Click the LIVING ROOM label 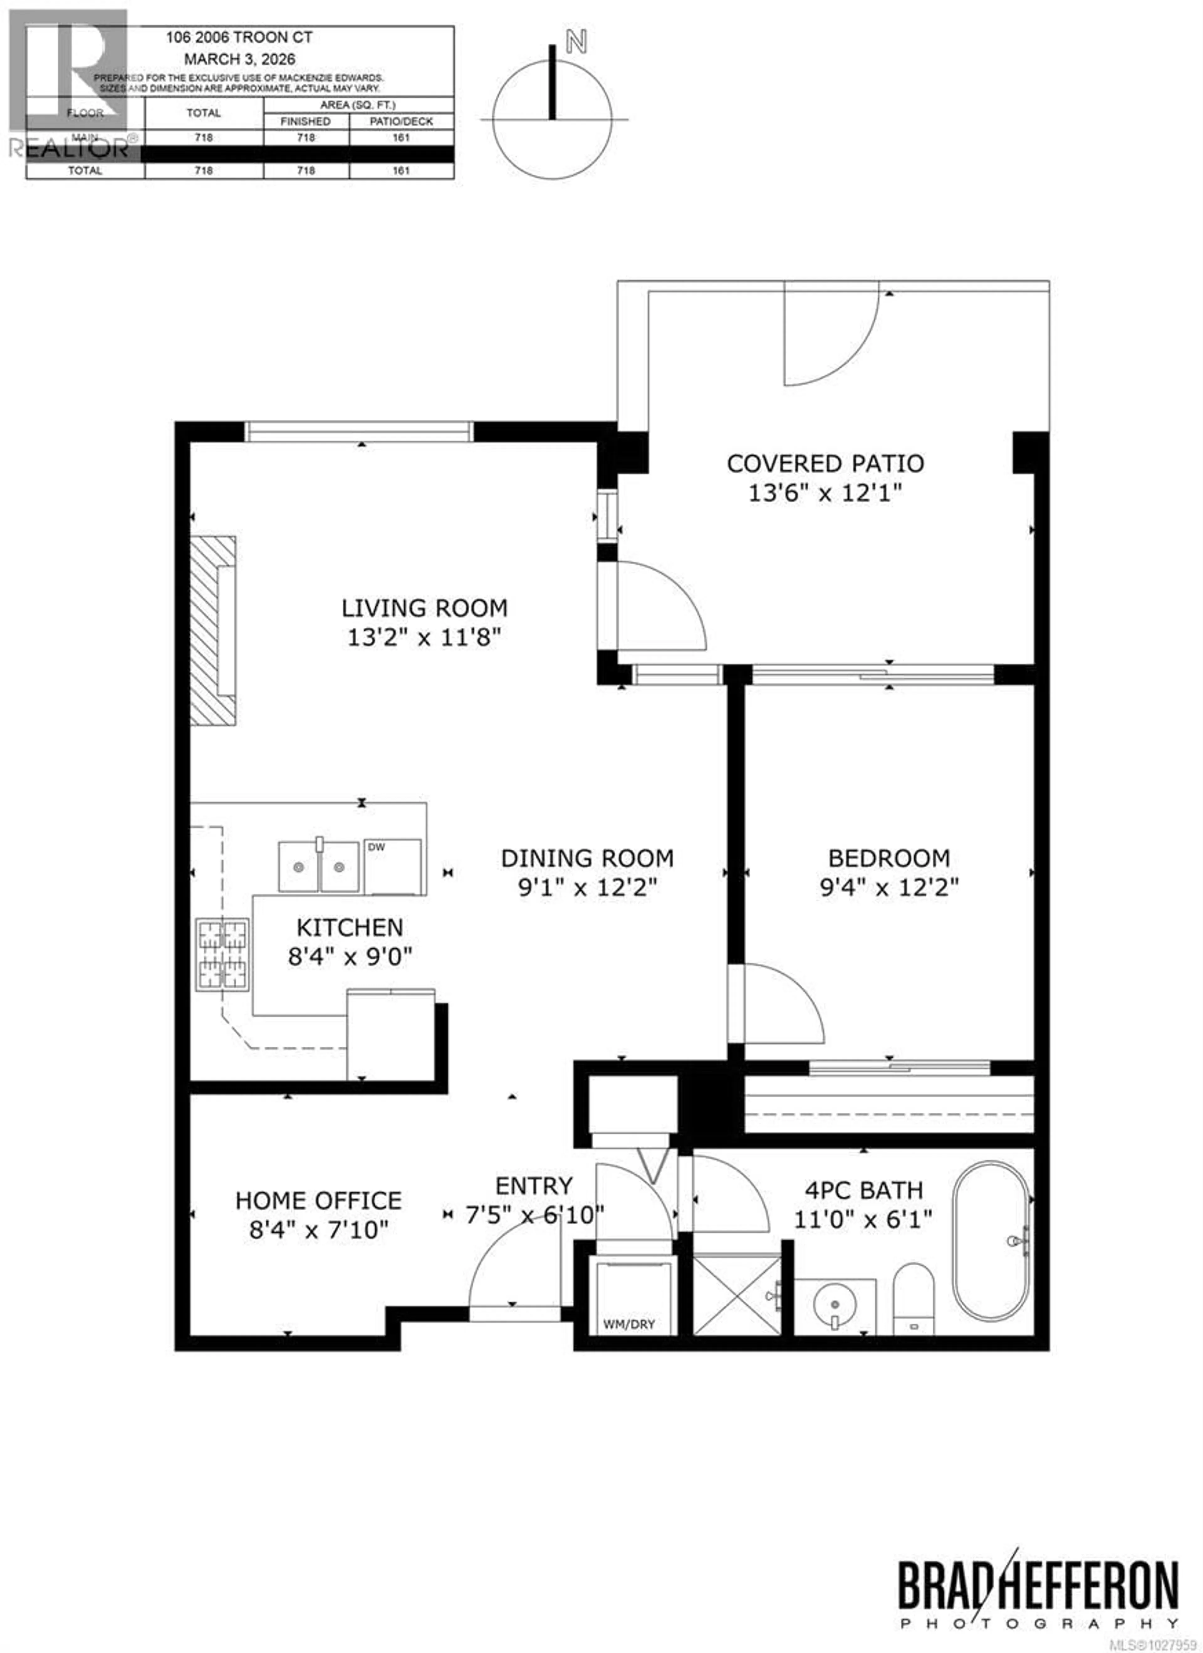coord(424,608)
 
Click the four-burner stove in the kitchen coord(221,953)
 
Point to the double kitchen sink coord(319,867)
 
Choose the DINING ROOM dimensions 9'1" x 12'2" coord(588,888)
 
